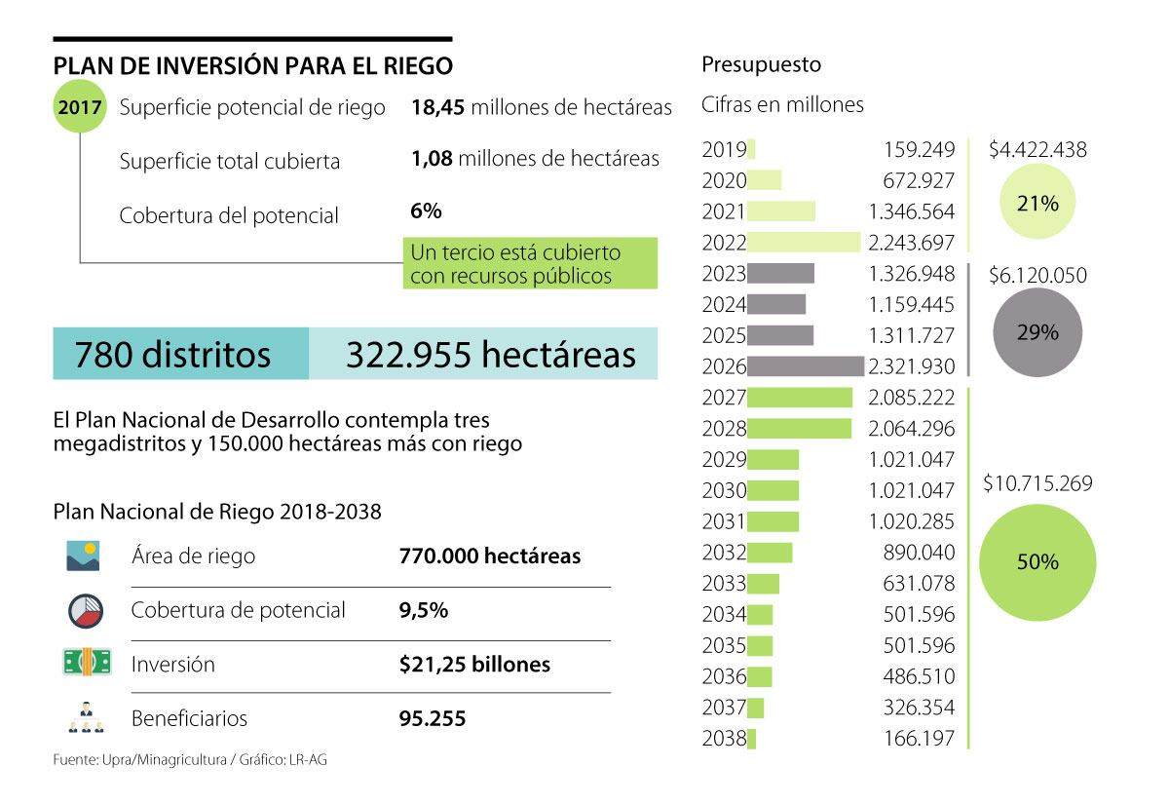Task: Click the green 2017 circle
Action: click(x=80, y=107)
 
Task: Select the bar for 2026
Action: click(x=806, y=366)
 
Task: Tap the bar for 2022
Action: click(x=804, y=243)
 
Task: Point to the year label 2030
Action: click(x=724, y=490)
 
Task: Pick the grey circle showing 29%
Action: click(x=1037, y=332)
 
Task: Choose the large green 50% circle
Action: click(x=1037, y=562)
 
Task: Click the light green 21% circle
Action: click(x=1037, y=203)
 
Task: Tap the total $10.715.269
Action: click(x=1037, y=483)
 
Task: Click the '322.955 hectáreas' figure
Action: click(x=490, y=354)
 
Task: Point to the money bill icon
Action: click(x=85, y=663)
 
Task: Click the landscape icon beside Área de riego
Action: click(x=84, y=556)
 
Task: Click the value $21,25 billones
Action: click(x=474, y=665)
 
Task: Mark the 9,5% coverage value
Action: click(x=424, y=610)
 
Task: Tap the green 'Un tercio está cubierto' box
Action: click(x=531, y=264)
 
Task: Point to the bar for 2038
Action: click(x=751, y=739)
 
